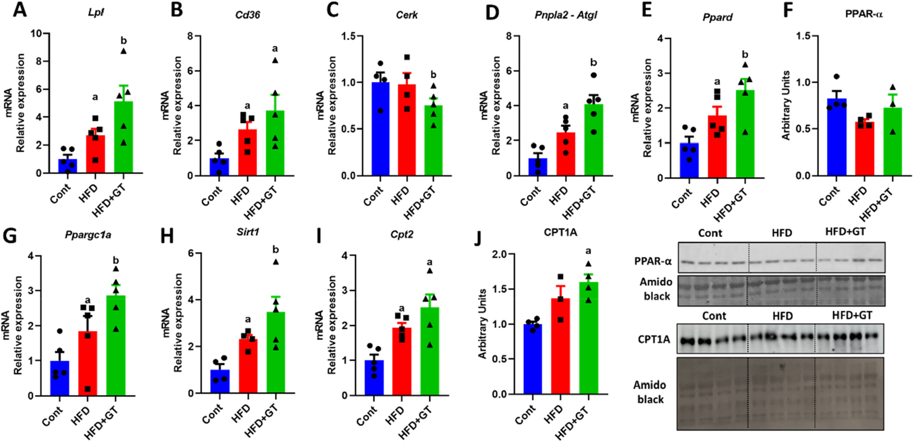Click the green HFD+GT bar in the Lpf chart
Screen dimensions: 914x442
pos(123,137)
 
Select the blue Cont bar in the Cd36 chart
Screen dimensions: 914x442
pos(220,167)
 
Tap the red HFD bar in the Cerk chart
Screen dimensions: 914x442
pos(407,130)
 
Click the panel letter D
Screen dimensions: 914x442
pos(492,12)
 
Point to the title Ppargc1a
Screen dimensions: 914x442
pos(88,235)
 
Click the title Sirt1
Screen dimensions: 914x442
pos(248,232)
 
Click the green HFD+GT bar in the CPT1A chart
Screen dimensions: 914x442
pos(589,338)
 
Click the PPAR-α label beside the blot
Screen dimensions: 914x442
pos(653,261)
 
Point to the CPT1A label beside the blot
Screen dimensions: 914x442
pos(654,340)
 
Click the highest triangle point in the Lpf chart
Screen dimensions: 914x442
pos(123,51)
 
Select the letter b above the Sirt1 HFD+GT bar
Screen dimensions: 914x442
pos(276,250)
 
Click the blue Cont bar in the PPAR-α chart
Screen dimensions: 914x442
pos(837,137)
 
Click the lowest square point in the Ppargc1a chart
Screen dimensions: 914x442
pos(88,389)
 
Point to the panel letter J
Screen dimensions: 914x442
pos(478,238)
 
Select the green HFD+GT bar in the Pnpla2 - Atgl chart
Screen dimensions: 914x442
pos(594,140)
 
